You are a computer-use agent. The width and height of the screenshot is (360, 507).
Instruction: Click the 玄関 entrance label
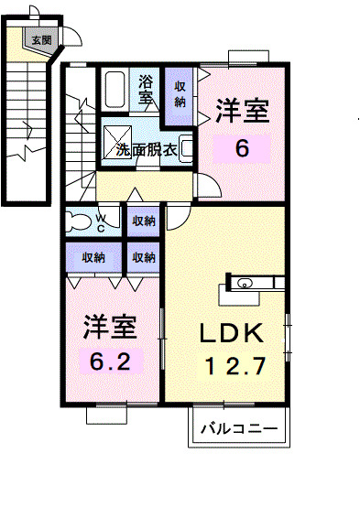point(42,39)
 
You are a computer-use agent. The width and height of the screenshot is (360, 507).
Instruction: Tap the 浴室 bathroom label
point(147,89)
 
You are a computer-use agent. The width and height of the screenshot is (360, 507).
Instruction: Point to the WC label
point(103,222)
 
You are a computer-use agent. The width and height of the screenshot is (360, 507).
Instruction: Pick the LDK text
point(232,332)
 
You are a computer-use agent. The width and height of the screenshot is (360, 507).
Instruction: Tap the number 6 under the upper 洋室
point(242,147)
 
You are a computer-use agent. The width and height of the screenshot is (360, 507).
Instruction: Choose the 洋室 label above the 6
point(242,113)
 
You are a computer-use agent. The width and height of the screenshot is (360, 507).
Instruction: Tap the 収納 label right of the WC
point(142,221)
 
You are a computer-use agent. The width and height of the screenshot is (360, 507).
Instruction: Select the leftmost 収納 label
point(93,257)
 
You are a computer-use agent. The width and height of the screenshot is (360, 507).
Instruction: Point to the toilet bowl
point(80,221)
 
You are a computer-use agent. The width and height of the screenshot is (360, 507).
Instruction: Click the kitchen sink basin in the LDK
point(245,284)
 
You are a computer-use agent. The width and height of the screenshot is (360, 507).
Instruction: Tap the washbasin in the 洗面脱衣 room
point(186,146)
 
